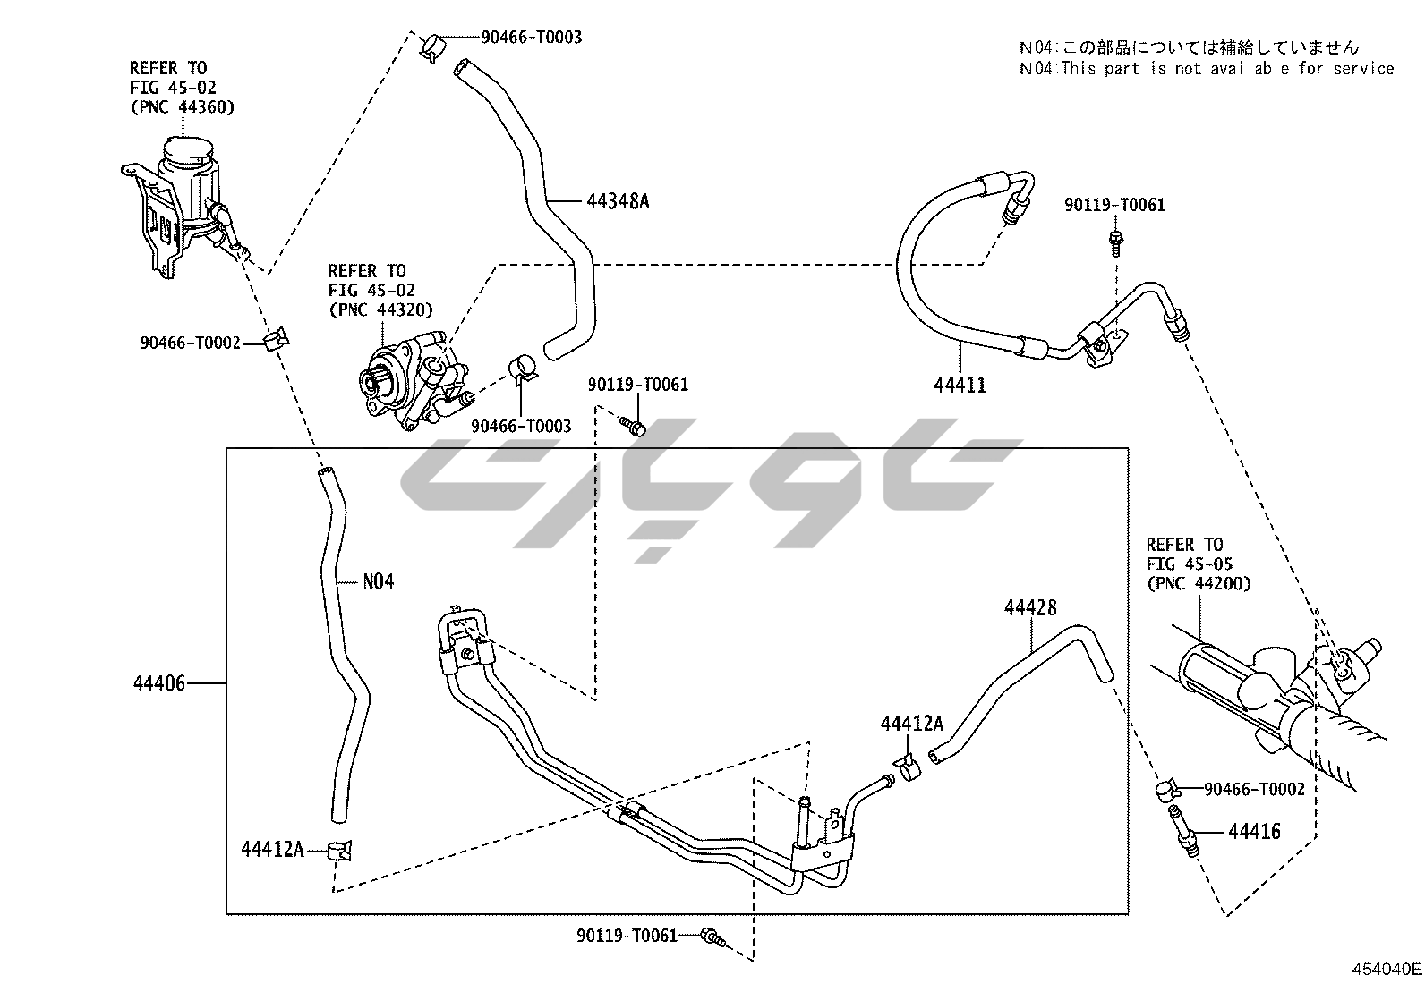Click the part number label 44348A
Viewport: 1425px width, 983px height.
coord(618,201)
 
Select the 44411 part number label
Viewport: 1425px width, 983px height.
coord(960,386)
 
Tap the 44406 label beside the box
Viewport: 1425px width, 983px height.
coord(159,684)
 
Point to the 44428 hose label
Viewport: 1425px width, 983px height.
coord(1030,608)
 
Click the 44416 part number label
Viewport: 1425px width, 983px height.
coord(1254,832)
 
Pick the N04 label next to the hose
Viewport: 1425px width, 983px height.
coord(378,581)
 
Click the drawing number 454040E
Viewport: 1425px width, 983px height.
coord(1387,969)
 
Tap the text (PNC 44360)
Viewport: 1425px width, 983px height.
coord(182,107)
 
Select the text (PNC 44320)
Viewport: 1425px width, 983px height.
coord(380,310)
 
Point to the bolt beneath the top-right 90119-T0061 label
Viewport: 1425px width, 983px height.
coord(1114,239)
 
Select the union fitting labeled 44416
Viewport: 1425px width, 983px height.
coord(1182,829)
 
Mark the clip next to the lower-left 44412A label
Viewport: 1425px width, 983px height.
coord(338,849)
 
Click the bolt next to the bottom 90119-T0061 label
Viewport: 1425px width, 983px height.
coord(712,936)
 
